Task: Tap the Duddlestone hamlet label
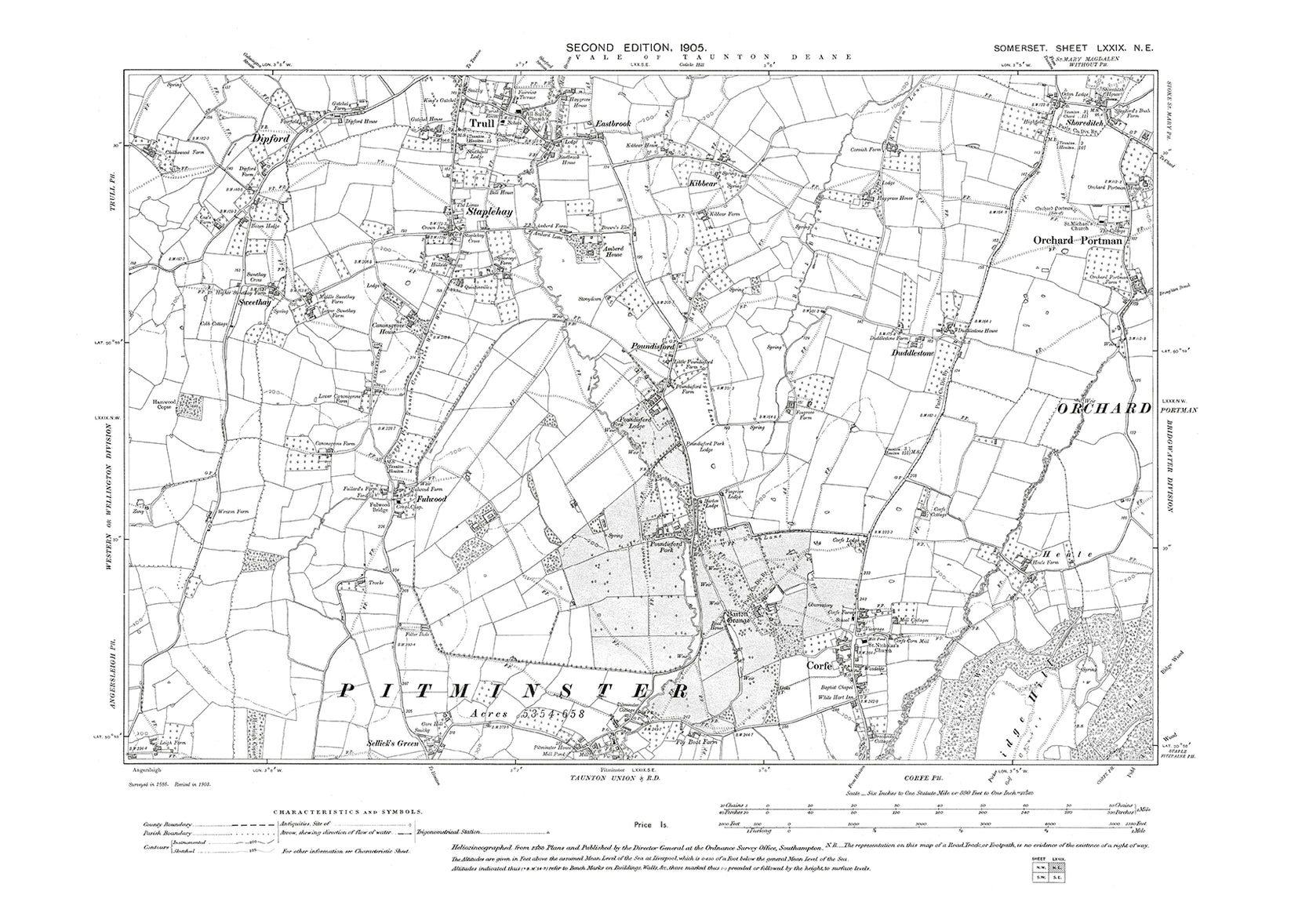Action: coord(911,353)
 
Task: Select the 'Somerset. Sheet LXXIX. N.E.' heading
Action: coord(1071,49)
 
